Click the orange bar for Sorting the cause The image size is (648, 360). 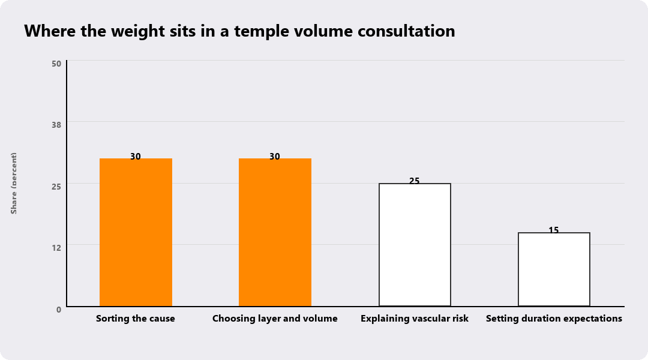136,232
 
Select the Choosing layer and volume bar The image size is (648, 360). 275,232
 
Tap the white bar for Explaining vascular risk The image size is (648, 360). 415,245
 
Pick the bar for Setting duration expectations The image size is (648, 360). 554,269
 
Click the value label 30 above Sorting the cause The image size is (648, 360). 136,157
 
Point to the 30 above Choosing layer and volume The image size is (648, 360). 275,157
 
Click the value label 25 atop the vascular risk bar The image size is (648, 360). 415,181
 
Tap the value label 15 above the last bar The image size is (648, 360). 554,230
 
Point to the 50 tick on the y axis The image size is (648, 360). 56,64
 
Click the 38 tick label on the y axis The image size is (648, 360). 56,125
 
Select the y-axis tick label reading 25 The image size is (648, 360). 56,187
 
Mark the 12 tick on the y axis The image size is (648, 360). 56,248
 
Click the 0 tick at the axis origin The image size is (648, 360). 59,310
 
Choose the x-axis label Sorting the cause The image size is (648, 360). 136,319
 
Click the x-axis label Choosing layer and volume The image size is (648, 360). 275,319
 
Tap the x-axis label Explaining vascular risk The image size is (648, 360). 415,319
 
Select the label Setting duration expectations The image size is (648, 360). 554,319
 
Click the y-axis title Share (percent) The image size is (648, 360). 14,184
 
